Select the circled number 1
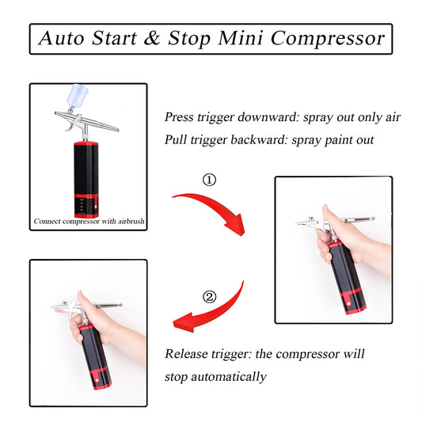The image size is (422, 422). click(209, 181)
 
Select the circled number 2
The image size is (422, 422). click(209, 298)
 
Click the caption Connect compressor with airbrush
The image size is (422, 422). click(89, 222)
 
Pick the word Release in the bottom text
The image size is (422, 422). click(188, 354)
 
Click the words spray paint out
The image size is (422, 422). click(345, 140)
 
